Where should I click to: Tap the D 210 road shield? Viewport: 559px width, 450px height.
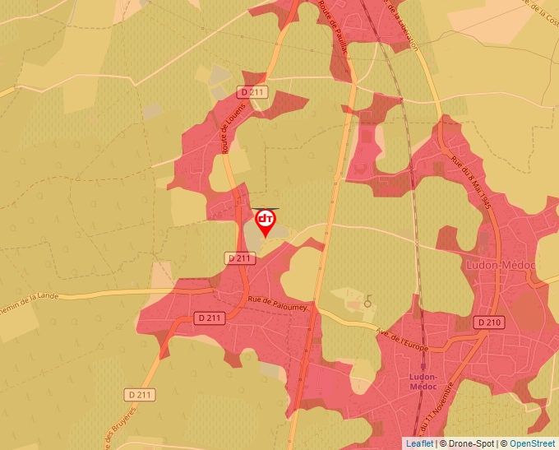(489, 322)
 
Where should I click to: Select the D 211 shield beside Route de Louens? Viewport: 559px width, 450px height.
(253, 93)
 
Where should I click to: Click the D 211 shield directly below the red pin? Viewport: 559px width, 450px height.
(239, 258)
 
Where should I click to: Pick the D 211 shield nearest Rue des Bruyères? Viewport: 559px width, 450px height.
(141, 395)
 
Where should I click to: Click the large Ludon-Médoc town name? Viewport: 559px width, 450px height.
(500, 265)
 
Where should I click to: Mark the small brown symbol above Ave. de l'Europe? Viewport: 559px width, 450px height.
(367, 300)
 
